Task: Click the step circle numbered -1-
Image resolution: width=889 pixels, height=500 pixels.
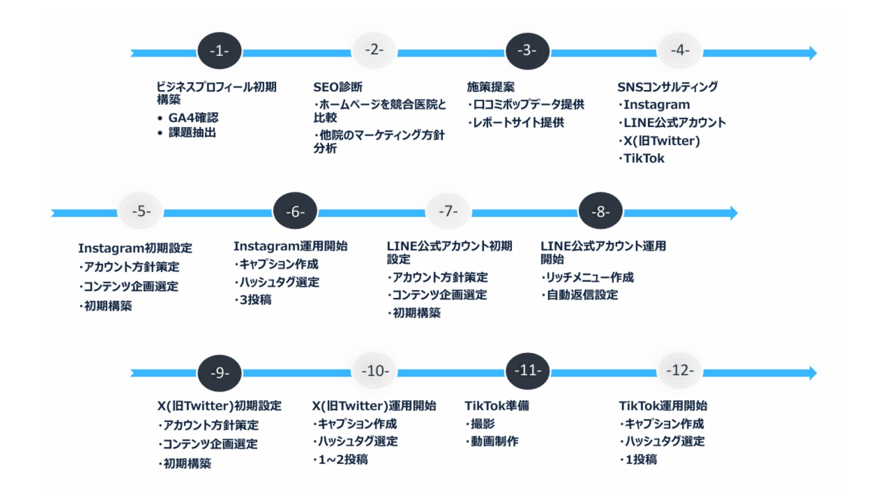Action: point(219,51)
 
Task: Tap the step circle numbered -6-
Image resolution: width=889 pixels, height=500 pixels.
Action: point(295,212)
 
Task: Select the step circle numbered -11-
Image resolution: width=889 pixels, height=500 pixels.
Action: point(527,371)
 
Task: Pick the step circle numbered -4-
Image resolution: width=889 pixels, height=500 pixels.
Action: point(680,50)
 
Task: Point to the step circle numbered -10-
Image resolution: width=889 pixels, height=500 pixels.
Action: point(375,371)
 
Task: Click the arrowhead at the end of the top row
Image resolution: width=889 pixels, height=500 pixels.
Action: point(813,53)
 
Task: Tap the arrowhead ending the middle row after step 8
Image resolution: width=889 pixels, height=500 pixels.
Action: point(733,213)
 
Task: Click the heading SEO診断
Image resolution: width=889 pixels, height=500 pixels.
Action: point(338,87)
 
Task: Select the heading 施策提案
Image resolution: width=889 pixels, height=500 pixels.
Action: point(490,87)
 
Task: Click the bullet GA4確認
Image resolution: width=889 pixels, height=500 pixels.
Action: point(193,118)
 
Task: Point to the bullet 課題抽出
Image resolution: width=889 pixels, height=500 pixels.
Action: point(192,133)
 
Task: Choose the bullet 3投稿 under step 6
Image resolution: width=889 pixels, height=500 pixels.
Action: point(255,300)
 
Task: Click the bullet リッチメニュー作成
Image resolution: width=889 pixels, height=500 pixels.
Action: point(589,277)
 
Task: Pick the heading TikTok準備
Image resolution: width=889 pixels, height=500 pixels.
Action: point(496,406)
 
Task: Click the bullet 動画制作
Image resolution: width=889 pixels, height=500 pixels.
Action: point(494,442)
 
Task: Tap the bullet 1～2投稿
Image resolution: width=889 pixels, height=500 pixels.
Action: point(343,460)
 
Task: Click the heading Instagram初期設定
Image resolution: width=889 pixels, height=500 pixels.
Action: point(135,248)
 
